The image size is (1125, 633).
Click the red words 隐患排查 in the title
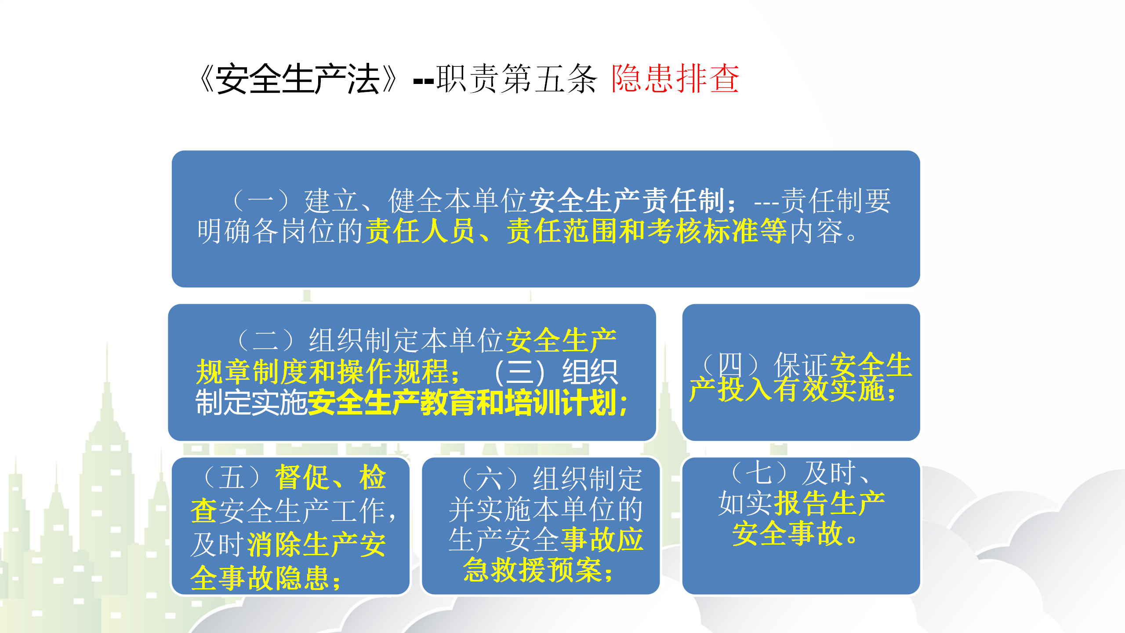(675, 79)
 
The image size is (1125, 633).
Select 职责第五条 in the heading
(517, 79)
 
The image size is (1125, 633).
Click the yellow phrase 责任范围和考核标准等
(646, 231)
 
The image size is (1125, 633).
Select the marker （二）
(265, 340)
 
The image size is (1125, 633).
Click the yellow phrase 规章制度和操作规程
(323, 372)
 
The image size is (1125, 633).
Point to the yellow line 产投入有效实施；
(793, 389)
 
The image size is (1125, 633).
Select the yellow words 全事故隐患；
(266, 578)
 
